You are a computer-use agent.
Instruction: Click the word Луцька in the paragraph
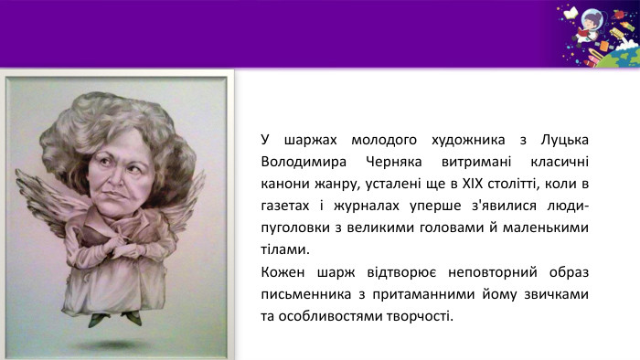(565, 140)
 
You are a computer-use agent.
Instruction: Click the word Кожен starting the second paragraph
(283, 271)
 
